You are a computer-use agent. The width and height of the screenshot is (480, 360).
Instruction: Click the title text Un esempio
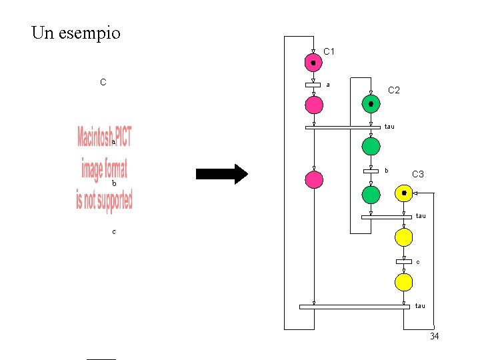76,33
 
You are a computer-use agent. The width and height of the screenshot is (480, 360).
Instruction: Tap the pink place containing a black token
313,63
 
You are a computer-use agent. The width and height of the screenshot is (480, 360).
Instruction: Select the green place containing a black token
371,104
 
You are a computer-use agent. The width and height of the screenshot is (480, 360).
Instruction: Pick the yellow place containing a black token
403,193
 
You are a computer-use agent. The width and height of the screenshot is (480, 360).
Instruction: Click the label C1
329,51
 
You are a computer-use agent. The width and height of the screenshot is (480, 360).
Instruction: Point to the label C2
394,90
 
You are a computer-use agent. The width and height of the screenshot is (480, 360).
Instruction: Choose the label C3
418,174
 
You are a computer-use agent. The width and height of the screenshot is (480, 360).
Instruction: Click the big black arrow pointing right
221,175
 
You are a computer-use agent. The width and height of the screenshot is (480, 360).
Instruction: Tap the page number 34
435,336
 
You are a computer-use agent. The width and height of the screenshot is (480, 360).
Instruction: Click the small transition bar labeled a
313,85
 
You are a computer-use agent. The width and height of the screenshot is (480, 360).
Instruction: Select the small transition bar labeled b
371,171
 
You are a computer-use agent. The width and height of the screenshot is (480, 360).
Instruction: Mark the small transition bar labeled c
403,261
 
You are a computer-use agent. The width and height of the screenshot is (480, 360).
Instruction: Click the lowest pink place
313,179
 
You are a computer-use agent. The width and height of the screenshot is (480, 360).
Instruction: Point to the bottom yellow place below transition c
403,282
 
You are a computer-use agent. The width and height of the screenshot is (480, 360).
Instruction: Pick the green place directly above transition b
371,146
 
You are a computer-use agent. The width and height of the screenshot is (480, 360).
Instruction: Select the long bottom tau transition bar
354,307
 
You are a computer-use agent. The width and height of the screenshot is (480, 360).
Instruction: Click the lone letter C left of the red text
103,83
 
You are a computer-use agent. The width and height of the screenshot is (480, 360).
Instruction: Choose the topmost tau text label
390,127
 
